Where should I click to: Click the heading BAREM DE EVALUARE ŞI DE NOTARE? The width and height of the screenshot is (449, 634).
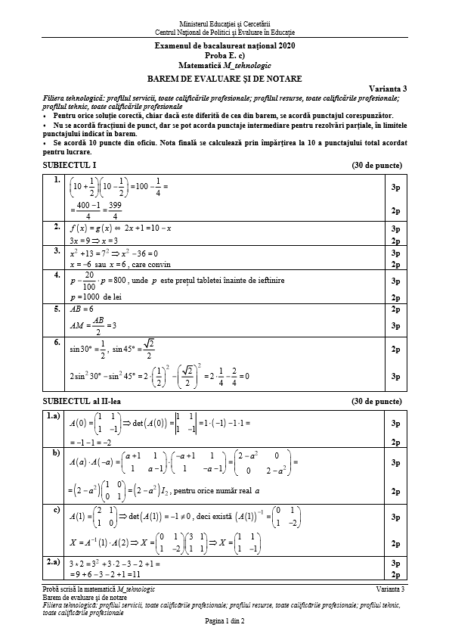tap(224, 78)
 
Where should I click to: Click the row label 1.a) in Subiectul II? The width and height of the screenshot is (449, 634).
tap(54, 415)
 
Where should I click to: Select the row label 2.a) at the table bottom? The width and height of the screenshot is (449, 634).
tap(54, 562)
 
